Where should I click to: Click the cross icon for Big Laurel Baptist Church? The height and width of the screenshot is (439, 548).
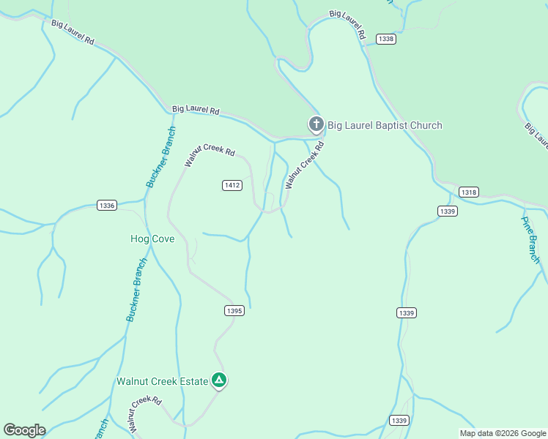316,124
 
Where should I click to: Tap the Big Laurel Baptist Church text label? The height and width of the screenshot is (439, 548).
385,125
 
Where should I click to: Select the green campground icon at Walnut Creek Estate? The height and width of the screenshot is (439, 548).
218,380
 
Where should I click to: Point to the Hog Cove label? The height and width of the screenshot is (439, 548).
152,239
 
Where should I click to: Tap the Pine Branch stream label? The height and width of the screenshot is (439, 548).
530,239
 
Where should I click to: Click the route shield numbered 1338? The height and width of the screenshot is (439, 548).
386,39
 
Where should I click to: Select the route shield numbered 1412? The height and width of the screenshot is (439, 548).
232,185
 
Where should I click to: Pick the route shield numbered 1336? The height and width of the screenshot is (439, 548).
107,206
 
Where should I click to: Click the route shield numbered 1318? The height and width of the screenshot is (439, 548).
469,192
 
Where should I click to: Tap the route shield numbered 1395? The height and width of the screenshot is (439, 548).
234,311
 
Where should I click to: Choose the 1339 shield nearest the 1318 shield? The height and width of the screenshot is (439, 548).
448,211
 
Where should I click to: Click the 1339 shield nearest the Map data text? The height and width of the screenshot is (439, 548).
398,420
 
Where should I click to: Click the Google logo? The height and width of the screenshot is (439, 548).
24,430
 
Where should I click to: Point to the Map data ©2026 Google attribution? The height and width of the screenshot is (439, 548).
503,433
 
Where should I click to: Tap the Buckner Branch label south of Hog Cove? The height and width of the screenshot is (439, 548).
136,290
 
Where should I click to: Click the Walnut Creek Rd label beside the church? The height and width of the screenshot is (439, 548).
304,166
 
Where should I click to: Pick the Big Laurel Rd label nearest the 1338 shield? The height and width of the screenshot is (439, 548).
347,24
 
